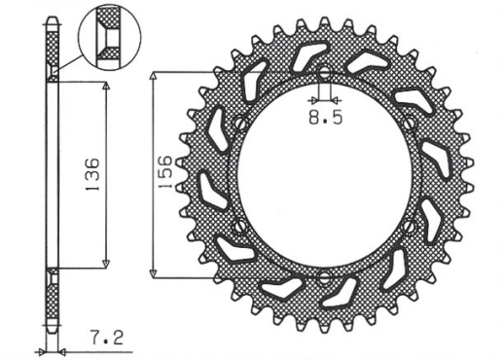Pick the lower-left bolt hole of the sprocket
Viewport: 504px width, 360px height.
238,226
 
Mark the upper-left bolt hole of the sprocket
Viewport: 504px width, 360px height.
238,124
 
